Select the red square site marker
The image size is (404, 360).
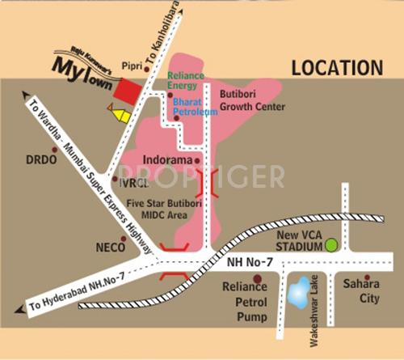click(x=126, y=91)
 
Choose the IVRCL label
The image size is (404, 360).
click(x=133, y=184)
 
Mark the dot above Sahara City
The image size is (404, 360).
click(x=367, y=277)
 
